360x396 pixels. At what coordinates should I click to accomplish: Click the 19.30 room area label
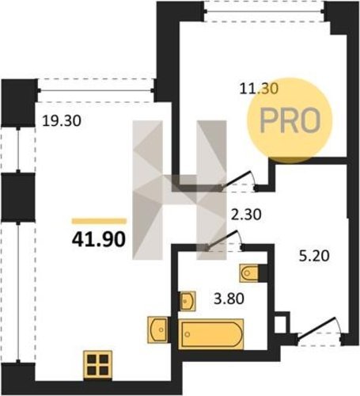(x=62, y=121)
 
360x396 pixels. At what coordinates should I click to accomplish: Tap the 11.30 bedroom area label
(x=259, y=89)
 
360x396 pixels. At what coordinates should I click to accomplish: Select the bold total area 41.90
(x=98, y=240)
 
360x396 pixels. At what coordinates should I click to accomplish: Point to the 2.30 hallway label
(x=246, y=215)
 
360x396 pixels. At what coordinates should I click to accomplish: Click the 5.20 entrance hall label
(x=314, y=256)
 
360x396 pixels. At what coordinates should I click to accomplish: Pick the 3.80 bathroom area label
(x=229, y=299)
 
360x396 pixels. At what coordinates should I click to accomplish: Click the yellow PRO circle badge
(x=290, y=120)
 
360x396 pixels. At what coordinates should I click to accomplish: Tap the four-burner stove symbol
(x=98, y=364)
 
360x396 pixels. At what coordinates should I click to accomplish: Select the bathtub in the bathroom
(x=211, y=334)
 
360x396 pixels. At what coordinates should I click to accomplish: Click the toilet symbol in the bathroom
(x=249, y=273)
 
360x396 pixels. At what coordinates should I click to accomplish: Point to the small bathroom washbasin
(x=188, y=301)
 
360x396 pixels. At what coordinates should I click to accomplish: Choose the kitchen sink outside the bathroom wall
(x=157, y=329)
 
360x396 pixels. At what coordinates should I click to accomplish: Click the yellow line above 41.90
(x=99, y=221)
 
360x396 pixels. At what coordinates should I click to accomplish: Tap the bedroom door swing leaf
(x=235, y=181)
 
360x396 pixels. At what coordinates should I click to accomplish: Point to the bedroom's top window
(x=264, y=11)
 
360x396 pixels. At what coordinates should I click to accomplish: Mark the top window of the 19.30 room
(x=96, y=90)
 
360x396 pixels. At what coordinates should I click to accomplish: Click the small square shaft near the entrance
(x=281, y=322)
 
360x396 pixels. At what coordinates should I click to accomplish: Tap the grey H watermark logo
(x=180, y=190)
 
